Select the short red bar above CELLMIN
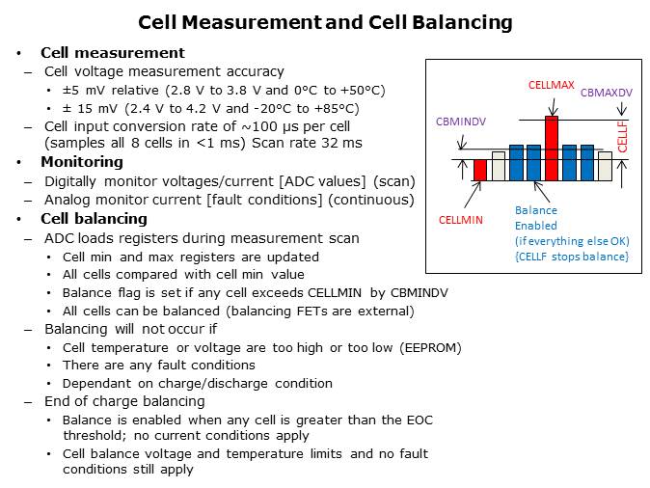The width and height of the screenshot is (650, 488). (x=480, y=170)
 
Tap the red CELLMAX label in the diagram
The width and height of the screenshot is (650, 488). (x=552, y=85)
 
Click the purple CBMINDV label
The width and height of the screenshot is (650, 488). (x=461, y=122)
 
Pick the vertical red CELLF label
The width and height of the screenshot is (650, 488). (x=622, y=136)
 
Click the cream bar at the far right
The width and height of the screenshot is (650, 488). (x=605, y=166)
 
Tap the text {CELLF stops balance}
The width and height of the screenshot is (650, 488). (x=572, y=256)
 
